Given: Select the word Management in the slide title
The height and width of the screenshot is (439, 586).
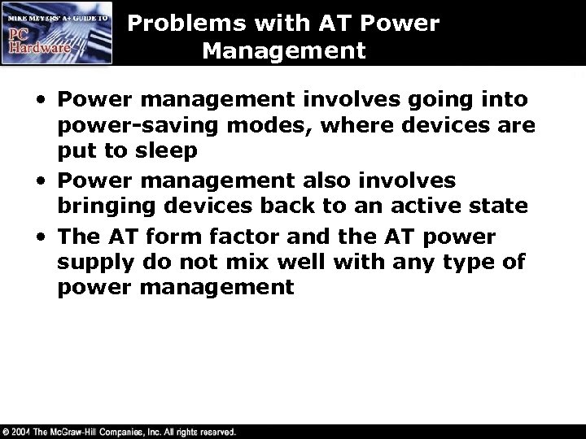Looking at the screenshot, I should click(285, 52).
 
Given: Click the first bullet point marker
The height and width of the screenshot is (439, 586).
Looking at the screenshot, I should click(41, 101).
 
